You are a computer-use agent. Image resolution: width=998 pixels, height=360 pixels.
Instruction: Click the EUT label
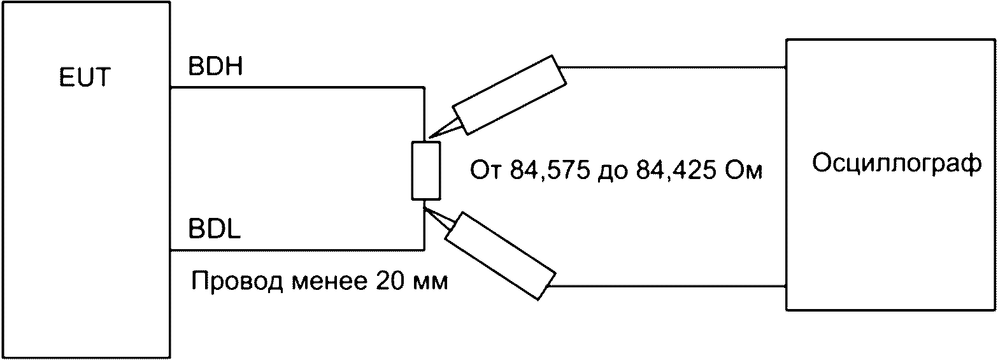(x=85, y=79)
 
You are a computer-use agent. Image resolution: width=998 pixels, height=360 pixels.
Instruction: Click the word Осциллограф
(x=897, y=164)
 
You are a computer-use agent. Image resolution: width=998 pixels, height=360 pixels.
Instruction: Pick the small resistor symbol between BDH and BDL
(x=425, y=170)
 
